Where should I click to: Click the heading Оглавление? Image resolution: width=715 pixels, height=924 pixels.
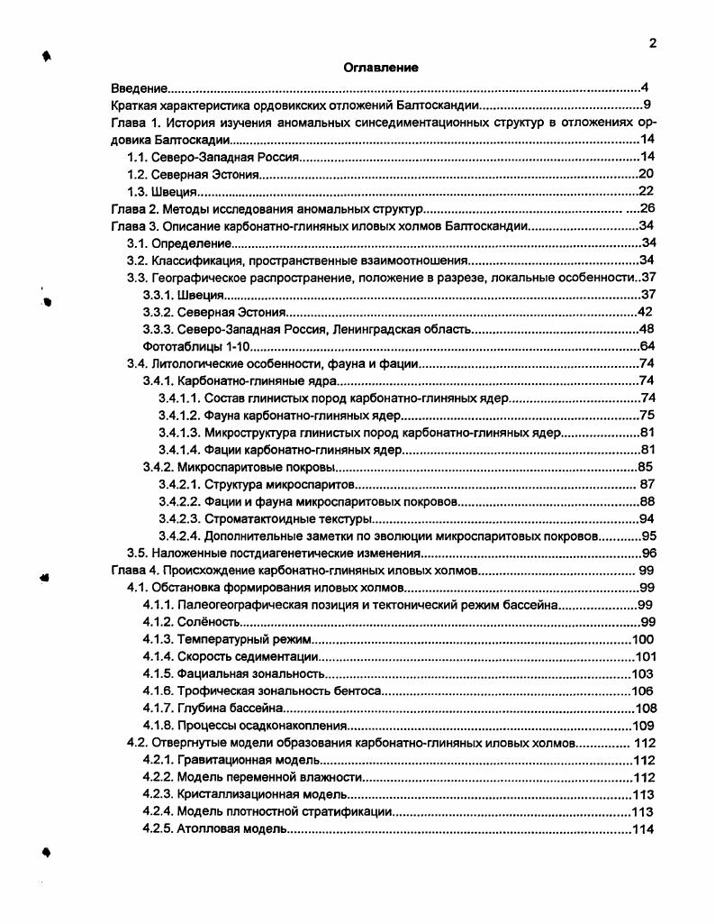click(380, 67)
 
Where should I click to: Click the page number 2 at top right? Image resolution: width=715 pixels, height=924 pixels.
click(653, 43)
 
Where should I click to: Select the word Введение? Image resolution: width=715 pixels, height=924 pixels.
click(139, 87)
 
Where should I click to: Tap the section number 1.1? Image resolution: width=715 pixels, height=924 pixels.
click(137, 157)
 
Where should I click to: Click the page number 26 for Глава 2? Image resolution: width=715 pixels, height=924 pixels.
click(647, 208)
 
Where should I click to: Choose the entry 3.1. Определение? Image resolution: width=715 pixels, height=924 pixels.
click(179, 242)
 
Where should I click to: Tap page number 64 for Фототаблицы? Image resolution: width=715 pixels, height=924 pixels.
click(647, 346)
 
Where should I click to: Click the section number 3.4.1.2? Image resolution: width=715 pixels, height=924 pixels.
click(178, 416)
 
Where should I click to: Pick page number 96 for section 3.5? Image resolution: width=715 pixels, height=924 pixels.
click(648, 553)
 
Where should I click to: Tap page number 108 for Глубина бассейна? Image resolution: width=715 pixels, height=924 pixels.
click(646, 708)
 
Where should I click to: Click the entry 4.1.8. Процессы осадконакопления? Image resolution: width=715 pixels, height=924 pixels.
click(245, 725)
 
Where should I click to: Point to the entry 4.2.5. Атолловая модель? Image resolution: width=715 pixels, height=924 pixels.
click(214, 828)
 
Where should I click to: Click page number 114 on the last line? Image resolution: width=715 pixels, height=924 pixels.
click(645, 828)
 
